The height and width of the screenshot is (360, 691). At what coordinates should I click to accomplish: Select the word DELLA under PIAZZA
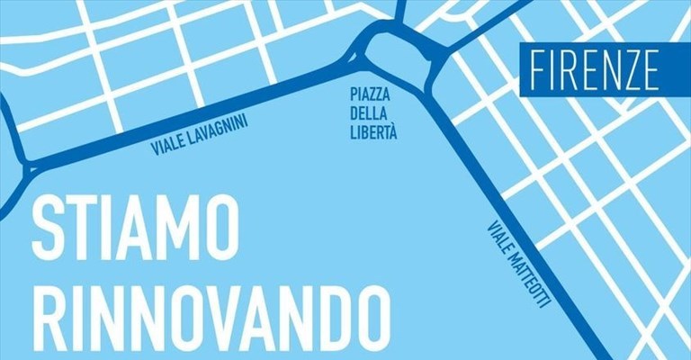[372, 112]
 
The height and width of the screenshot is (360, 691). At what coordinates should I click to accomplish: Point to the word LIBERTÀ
[372, 132]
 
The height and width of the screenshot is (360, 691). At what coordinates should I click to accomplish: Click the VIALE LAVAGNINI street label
[201, 132]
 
